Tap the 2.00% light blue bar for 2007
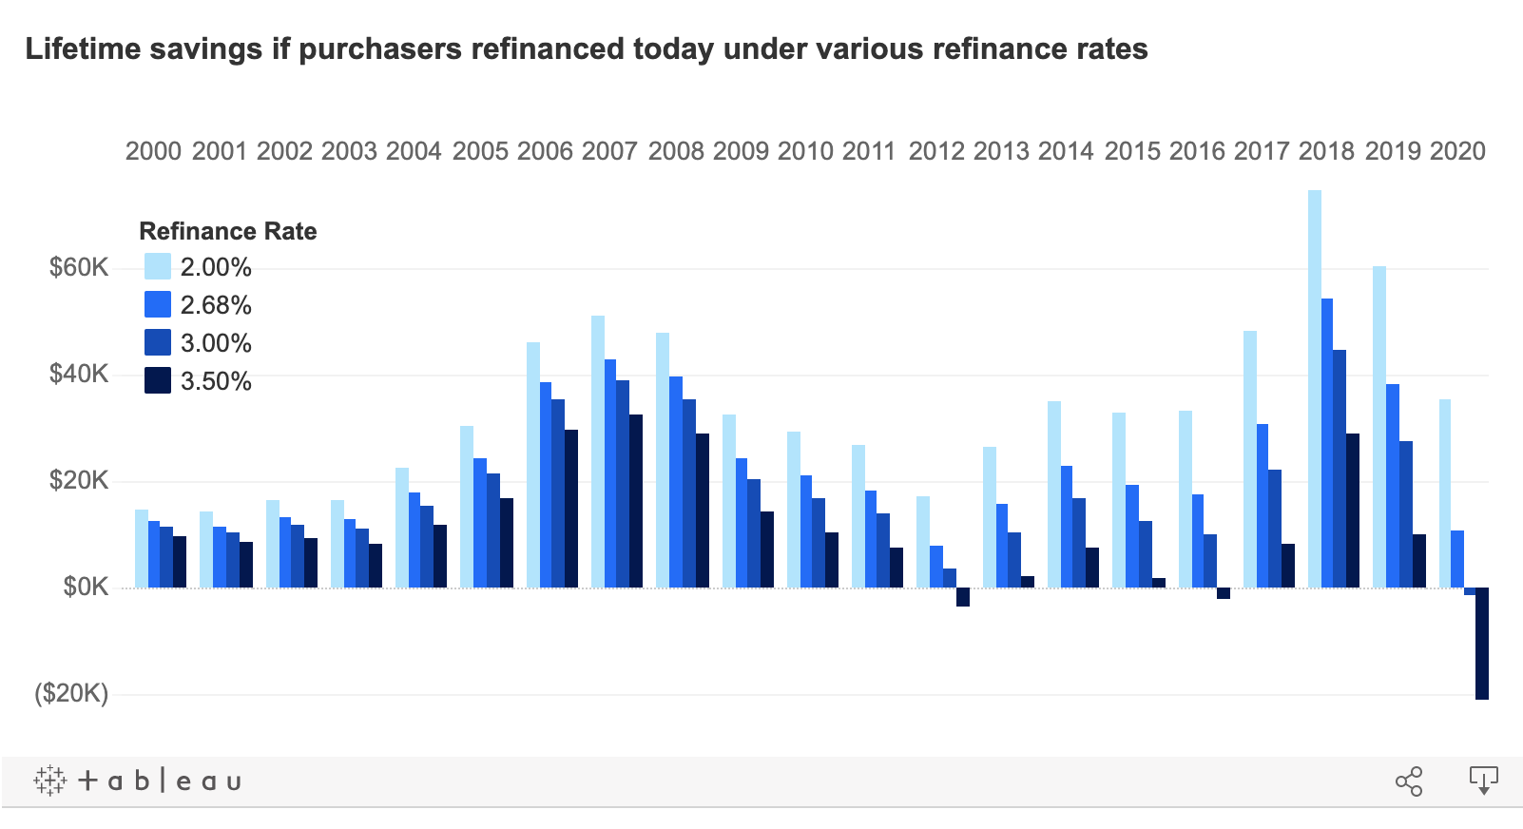pyautogui.click(x=598, y=451)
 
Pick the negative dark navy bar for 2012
pyautogui.click(x=963, y=597)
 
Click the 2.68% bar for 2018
pyautogui.click(x=1327, y=443)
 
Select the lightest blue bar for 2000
pyautogui.click(x=142, y=549)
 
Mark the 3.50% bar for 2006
pyautogui.click(x=571, y=509)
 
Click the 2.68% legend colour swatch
pyautogui.click(x=157, y=305)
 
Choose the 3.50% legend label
pyautogui.click(x=216, y=381)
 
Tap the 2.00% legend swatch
pyautogui.click(x=157, y=267)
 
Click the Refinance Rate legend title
pyautogui.click(x=227, y=231)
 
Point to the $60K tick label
pyautogui.click(x=80, y=267)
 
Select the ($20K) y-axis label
pyautogui.click(x=71, y=694)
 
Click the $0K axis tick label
pyautogui.click(x=86, y=588)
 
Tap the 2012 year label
pyautogui.click(x=936, y=151)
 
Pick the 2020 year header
pyautogui.click(x=1457, y=151)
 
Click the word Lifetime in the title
pyautogui.click(x=82, y=48)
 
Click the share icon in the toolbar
pyautogui.click(x=1409, y=781)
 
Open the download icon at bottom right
pyautogui.click(x=1483, y=781)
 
